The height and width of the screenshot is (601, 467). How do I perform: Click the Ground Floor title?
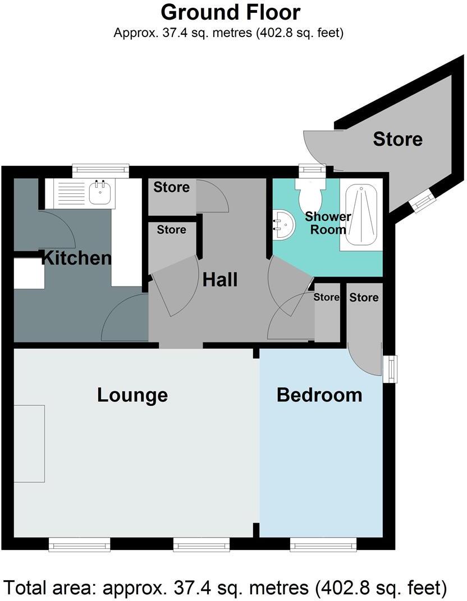coord(230,12)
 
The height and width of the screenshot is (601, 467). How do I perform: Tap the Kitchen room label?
coord(77,258)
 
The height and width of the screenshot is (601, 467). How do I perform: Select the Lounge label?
coord(132,395)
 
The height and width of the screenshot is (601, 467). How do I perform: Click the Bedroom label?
coord(319,395)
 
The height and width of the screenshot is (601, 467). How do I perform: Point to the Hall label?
coord(220,279)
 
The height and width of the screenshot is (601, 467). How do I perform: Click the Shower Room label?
coord(328,223)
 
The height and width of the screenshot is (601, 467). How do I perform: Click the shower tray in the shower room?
coord(362,215)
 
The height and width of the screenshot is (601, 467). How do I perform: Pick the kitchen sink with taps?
coord(100,192)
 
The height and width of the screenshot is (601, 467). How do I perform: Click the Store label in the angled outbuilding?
coord(397,138)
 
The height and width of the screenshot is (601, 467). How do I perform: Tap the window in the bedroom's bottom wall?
coord(323,543)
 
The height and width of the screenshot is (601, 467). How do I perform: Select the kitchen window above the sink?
coord(100,168)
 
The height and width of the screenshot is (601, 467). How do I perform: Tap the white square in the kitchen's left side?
coord(29,274)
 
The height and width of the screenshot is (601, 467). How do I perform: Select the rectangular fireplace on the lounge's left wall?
coord(29,443)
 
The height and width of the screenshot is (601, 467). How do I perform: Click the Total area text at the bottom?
coord(226,587)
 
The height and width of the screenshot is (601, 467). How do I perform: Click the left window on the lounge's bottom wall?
coord(79,543)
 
